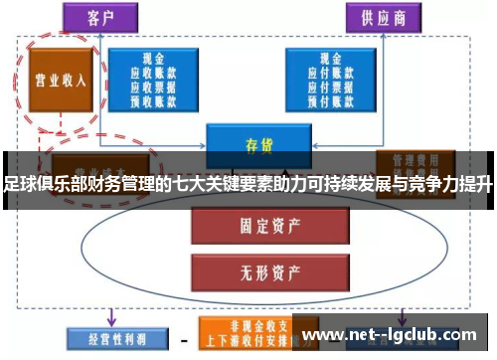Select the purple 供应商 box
(376, 17)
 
